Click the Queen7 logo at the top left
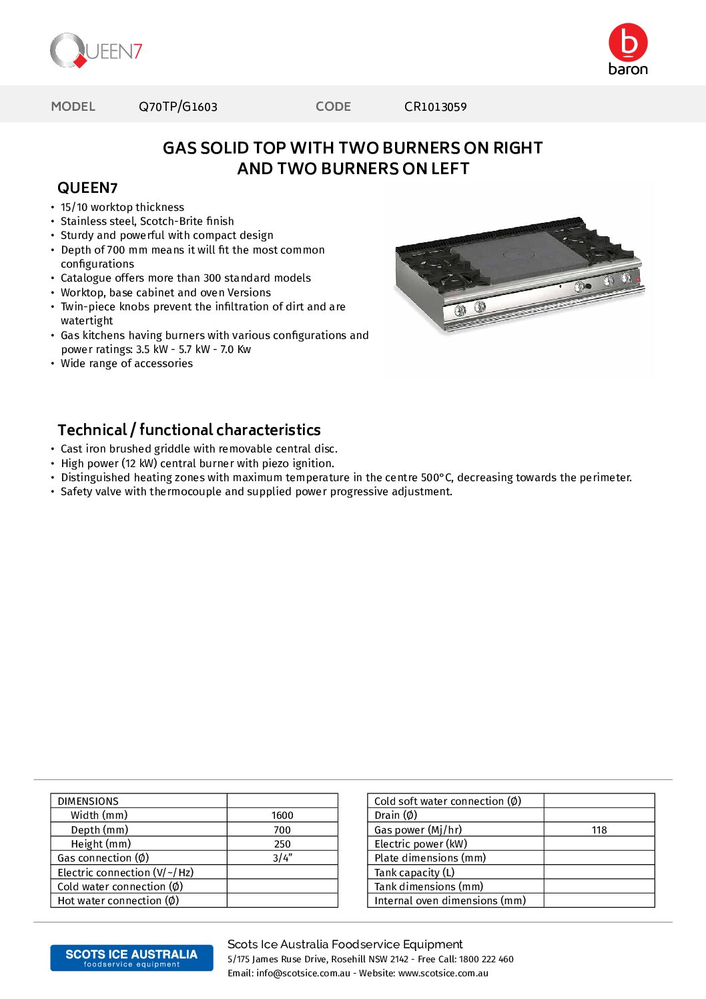96,51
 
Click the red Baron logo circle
628,43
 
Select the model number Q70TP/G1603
178,107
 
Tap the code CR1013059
435,107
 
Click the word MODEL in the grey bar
73,107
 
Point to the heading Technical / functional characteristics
189,430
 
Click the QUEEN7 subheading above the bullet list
87,188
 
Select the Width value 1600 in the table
282,815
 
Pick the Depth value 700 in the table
282,830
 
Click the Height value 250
282,844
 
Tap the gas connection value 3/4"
282,858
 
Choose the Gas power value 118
599,830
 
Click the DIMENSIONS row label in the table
88,801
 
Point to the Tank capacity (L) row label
414,873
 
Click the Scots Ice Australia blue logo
131,958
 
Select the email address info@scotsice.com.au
303,974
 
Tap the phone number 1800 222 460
486,960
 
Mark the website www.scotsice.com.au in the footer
443,974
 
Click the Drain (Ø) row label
396,815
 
